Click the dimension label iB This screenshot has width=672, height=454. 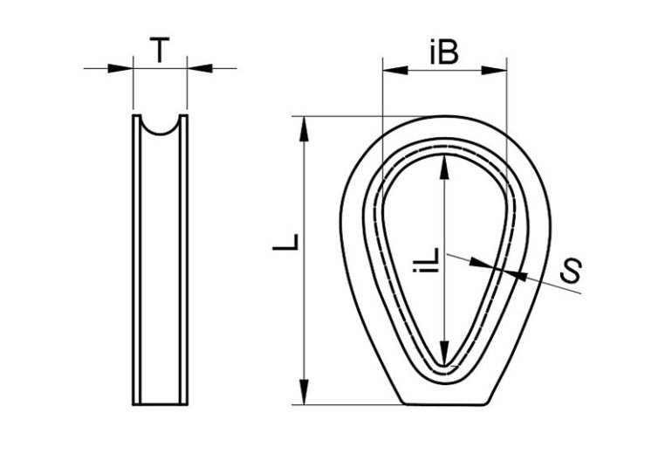point(444,53)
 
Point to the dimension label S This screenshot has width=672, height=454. point(571,272)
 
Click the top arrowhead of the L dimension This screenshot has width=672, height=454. point(304,127)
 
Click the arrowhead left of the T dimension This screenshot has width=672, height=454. point(122,68)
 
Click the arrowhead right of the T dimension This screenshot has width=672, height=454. point(198,68)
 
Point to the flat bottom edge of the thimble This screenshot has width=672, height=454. point(445,404)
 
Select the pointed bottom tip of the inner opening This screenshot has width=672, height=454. point(445,368)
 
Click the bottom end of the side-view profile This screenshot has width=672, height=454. point(160,404)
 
